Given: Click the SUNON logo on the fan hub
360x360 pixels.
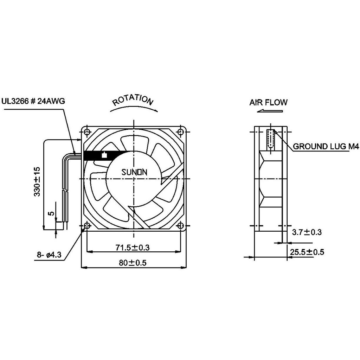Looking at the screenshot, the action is [134, 172].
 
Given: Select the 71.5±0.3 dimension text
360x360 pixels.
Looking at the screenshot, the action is [133, 247].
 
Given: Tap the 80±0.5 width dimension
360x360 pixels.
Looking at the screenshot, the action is [133, 263].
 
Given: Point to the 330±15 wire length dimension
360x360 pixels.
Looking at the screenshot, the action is [37, 182].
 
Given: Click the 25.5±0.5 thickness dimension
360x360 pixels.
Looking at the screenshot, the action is [307, 252].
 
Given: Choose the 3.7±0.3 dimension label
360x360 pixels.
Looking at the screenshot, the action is [307, 232].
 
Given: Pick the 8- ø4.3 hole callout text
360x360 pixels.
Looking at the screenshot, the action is [49, 255].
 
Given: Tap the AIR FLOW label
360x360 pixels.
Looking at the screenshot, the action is [268, 102].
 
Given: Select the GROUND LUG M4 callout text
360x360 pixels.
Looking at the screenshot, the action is [326, 146].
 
